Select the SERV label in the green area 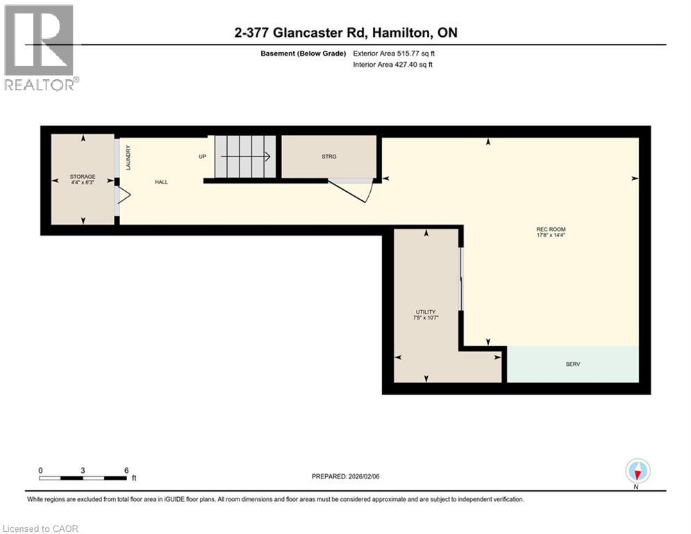(572, 364)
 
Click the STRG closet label (329, 156)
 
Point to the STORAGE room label (83, 177)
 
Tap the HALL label (161, 182)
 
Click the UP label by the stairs (203, 156)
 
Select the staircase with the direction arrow (244, 157)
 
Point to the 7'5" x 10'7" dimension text (426, 318)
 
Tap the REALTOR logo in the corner (40, 47)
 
